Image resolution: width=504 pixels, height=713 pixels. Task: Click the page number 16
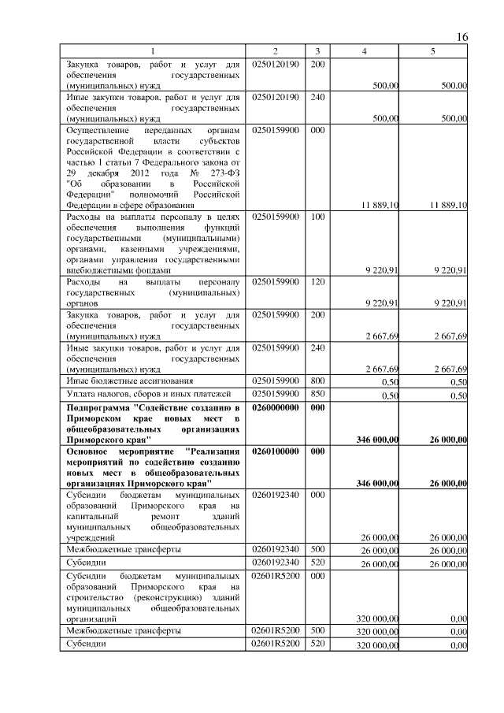[x=462, y=37]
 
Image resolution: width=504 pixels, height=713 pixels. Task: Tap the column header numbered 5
[x=432, y=51]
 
